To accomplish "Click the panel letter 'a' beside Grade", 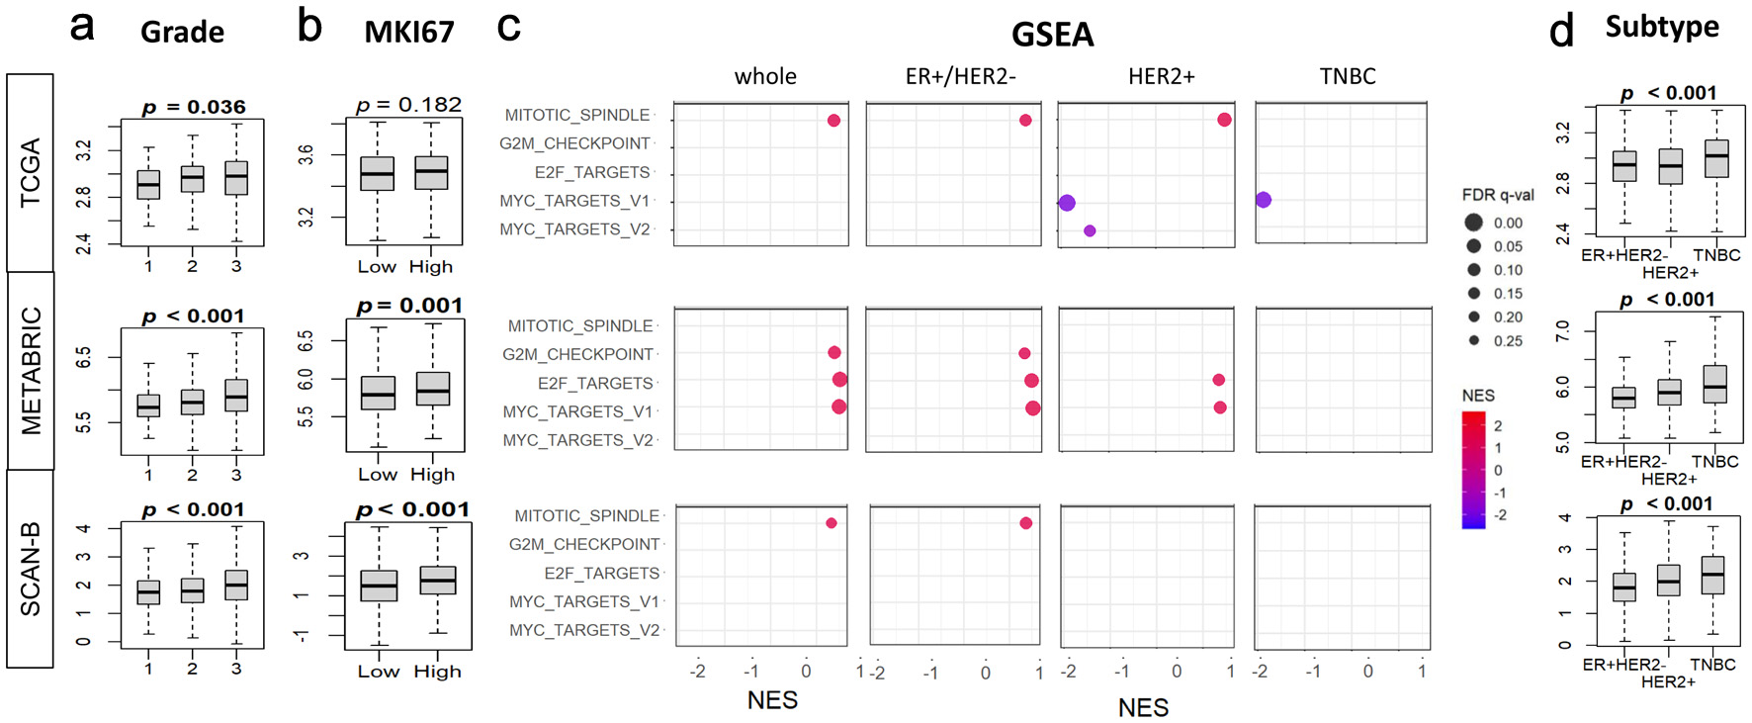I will [x=82, y=26].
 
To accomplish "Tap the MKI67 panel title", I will [x=408, y=32].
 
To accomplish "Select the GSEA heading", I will [x=1052, y=35].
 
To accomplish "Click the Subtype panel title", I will [x=1661, y=27].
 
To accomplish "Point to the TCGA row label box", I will [x=31, y=173].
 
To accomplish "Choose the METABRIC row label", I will [x=31, y=371].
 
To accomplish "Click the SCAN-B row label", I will [x=31, y=569].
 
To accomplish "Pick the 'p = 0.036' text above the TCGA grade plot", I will [x=194, y=107].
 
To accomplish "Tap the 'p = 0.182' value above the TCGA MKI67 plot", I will [x=408, y=105].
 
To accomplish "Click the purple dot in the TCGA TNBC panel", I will [x=1264, y=200].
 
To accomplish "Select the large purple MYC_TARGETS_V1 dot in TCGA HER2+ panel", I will [x=1067, y=203].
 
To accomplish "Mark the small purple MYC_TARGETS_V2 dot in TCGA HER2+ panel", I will [x=1090, y=230].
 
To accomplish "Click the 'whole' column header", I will [x=765, y=76].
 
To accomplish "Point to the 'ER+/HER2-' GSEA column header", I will [x=960, y=76].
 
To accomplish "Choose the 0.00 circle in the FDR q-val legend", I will [x=1473, y=223].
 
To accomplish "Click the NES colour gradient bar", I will [x=1473, y=470].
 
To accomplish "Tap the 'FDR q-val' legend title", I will [x=1498, y=195].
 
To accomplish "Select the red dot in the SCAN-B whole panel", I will [x=832, y=523].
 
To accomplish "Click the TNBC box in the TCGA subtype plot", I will [x=1717, y=158].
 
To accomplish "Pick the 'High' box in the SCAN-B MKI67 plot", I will [x=438, y=580].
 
